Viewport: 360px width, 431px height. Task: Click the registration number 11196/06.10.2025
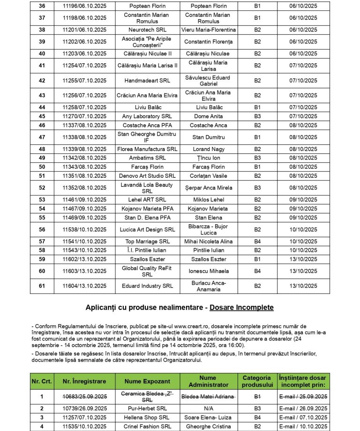[x=84, y=6]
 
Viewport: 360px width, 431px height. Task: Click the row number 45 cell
[x=42, y=116]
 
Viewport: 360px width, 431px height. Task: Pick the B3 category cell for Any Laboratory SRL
[x=257, y=116]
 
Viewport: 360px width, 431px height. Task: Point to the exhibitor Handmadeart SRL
[x=147, y=81]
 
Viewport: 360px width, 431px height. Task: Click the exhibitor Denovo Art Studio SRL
[x=147, y=176]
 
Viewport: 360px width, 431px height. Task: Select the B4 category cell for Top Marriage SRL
[x=257, y=241]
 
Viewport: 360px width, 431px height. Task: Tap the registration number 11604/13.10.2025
[x=84, y=286]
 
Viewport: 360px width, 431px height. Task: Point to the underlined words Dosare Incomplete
[x=242, y=308]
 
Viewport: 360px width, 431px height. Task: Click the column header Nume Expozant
[x=147, y=381]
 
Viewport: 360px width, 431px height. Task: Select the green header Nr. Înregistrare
[x=84, y=381]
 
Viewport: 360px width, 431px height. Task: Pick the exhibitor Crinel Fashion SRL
[x=147, y=426]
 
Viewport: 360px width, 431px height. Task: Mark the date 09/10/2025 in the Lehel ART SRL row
[x=303, y=199]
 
